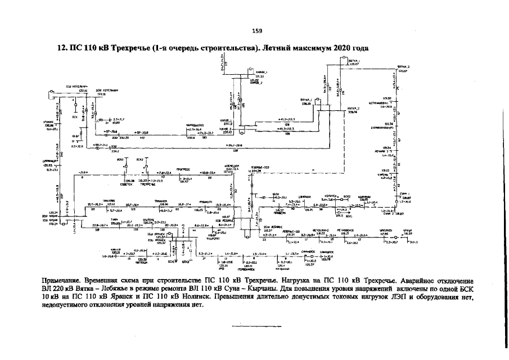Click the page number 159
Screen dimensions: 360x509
256,30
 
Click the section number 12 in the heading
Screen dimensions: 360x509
62,48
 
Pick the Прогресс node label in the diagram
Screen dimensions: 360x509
183,168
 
